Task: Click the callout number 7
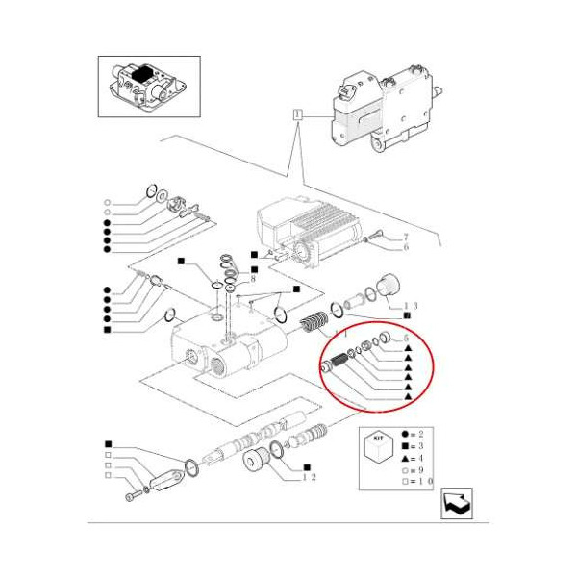[x=406, y=237]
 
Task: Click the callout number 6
[x=406, y=248]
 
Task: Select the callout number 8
[x=252, y=279]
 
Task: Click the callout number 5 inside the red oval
[x=407, y=339]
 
